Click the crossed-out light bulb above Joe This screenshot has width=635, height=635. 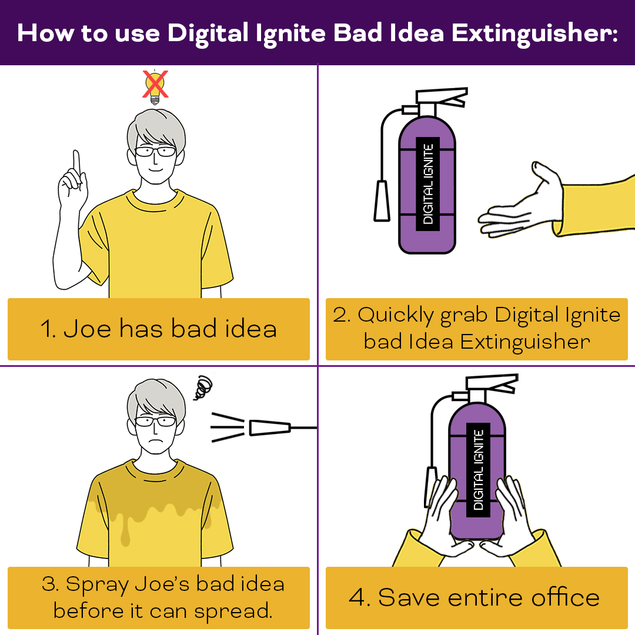(x=155, y=86)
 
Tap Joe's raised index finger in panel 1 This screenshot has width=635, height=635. (x=76, y=163)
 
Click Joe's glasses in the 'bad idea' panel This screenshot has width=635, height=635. (x=155, y=152)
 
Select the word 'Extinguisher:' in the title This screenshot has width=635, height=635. (x=534, y=34)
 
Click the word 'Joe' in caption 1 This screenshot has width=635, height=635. (x=87, y=328)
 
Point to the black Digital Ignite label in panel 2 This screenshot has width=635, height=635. (x=427, y=184)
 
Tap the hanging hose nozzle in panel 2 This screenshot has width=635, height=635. (x=382, y=201)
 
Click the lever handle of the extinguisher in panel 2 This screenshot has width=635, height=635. (x=442, y=96)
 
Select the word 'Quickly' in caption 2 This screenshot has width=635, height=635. (x=395, y=316)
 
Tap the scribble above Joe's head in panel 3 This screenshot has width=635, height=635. (x=203, y=387)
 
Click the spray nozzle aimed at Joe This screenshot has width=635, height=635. (x=270, y=428)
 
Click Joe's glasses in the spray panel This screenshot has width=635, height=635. (x=155, y=421)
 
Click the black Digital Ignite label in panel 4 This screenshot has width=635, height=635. (x=478, y=470)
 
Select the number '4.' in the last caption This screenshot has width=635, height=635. (x=359, y=597)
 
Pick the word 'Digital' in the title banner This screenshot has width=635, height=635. (x=208, y=34)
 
